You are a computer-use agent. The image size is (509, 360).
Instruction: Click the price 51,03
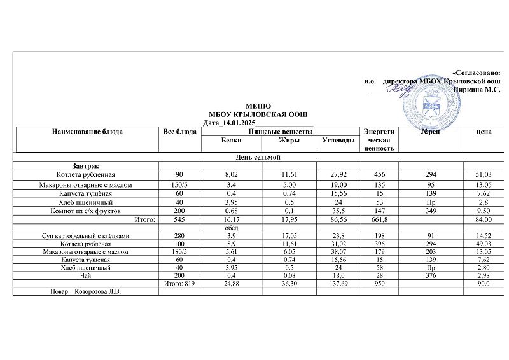[x=484, y=174]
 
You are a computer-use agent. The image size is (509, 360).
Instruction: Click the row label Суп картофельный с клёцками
[x=85, y=236]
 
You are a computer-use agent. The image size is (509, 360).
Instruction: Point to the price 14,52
[x=484, y=236]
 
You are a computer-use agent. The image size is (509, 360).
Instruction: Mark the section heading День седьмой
[x=254, y=156]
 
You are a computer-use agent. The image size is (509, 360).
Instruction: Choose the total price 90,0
[x=484, y=285]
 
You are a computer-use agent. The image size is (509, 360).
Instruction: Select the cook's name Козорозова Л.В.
[x=98, y=293]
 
